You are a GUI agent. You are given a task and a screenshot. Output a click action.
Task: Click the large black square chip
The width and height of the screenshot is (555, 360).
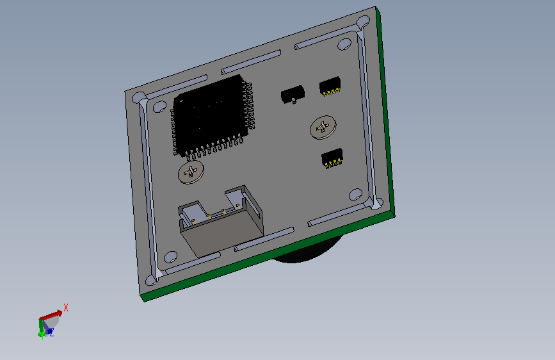(x=213, y=116)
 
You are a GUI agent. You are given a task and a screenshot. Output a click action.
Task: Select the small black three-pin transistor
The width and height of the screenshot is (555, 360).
(x=293, y=94)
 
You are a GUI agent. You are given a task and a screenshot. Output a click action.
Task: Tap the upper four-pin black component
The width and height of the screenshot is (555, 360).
(x=330, y=86)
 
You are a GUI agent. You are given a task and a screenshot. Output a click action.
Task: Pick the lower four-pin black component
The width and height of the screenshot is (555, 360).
(x=332, y=158)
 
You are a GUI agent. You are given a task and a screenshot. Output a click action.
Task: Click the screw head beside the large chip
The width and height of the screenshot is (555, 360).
(x=191, y=172)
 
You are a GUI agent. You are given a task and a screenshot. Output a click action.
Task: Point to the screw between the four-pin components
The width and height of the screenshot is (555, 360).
(x=323, y=127)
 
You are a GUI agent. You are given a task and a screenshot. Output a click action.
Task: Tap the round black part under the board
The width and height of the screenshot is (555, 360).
(x=307, y=250)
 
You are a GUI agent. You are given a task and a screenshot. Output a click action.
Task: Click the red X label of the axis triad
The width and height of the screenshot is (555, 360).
(x=66, y=307)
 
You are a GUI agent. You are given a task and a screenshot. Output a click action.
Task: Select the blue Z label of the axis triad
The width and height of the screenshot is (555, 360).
(x=52, y=332)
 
